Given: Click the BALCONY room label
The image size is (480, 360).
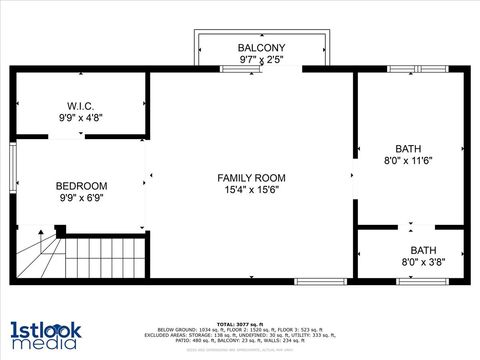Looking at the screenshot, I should coord(261,48).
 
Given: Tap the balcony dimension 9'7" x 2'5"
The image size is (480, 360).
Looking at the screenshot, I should coord(261,60).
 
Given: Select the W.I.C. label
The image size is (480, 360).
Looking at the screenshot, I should coord(81,105).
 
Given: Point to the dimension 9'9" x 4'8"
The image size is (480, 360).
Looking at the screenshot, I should coord(81,117).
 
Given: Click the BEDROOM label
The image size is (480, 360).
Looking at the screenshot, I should coord(81,186).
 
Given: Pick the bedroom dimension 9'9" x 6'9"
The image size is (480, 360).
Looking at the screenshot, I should coord(81,198).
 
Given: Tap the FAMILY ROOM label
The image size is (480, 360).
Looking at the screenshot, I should coord(251,178).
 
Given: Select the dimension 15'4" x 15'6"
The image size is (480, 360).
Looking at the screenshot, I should coord(251,190).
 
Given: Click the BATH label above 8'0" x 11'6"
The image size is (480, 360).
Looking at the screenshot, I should coord(408,148).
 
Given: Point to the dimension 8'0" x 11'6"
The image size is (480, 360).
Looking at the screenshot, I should coord(408,160).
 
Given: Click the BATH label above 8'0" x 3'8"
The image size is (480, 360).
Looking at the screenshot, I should coord(423,250).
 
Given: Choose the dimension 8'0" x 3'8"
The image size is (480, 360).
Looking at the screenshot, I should coord(423,263).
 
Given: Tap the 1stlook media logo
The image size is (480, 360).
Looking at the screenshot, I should coord(45,335).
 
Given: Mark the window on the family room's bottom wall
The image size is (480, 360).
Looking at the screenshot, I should coord(320,283).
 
